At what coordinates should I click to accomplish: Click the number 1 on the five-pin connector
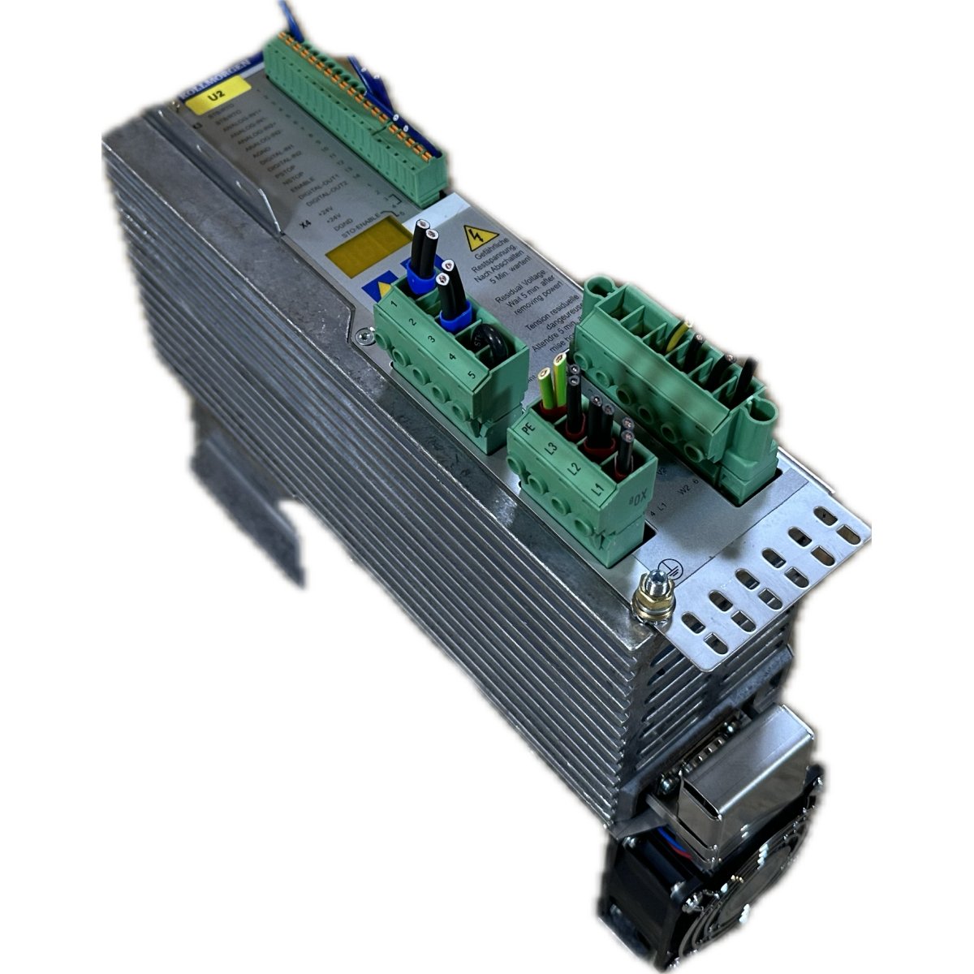point(393,304)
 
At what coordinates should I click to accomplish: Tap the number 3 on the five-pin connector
point(430,339)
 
